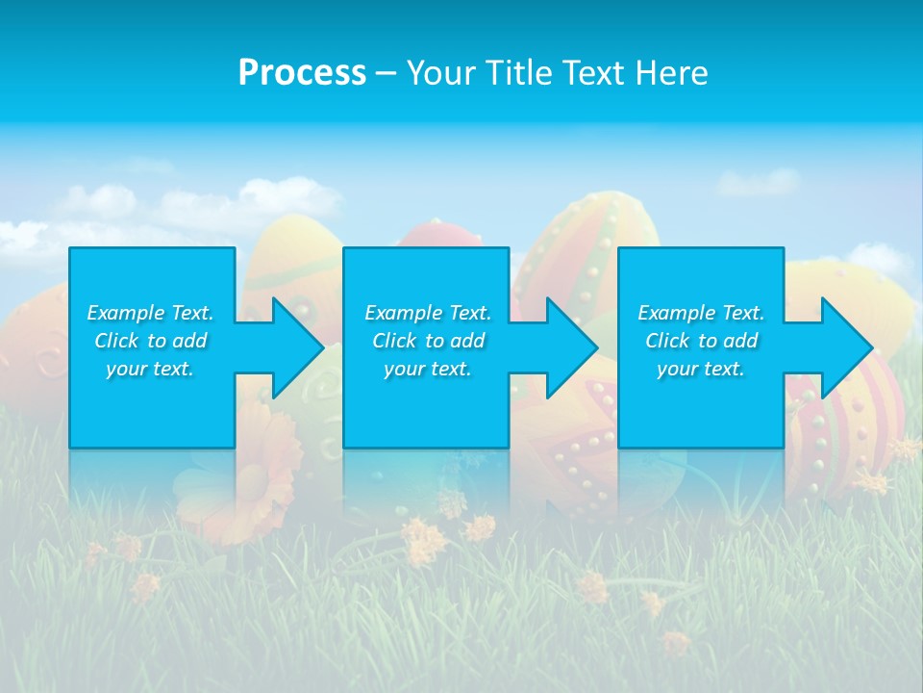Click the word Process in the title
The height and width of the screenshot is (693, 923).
pyautogui.click(x=302, y=73)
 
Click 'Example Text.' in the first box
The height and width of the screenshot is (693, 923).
pyautogui.click(x=150, y=313)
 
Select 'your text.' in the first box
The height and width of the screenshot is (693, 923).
pyautogui.click(x=150, y=369)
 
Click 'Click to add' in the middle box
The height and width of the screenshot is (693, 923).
pyautogui.click(x=428, y=341)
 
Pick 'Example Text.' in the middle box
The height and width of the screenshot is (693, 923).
pyautogui.click(x=428, y=313)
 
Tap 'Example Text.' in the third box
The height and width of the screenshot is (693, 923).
pyautogui.click(x=701, y=313)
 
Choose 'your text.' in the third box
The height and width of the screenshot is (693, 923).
pyautogui.click(x=701, y=369)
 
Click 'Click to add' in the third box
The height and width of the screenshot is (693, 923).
pyautogui.click(x=701, y=341)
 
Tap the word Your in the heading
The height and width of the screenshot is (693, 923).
pyautogui.click(x=441, y=73)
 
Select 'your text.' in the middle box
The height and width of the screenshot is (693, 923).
pyautogui.click(x=428, y=369)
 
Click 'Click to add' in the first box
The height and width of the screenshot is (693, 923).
pyautogui.click(x=150, y=341)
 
